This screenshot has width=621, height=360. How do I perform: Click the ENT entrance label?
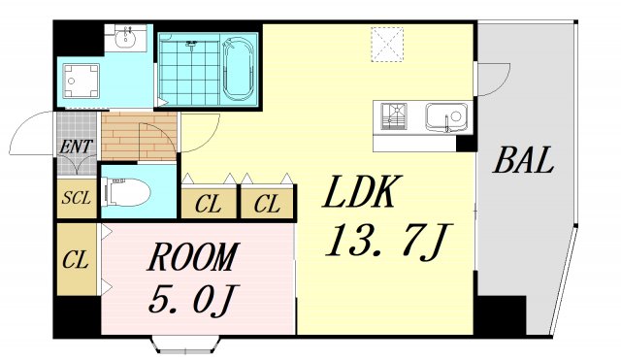click(x=76, y=147)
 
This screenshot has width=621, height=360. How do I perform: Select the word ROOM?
click(x=192, y=258)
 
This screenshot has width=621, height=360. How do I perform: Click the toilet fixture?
click(x=126, y=194)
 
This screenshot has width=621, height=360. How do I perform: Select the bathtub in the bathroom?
click(x=239, y=68)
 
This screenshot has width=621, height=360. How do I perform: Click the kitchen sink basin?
click(x=447, y=117)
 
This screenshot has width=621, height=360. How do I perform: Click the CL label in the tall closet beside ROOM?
click(x=76, y=259)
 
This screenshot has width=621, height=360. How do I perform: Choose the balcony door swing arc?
click(x=494, y=79)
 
